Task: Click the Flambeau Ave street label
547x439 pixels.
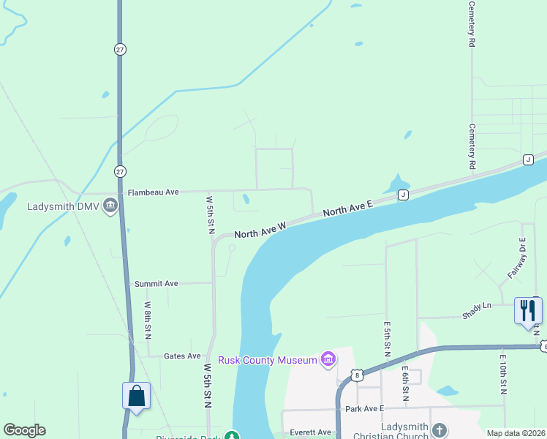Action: point(153,192)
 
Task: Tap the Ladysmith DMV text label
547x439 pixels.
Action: point(63,206)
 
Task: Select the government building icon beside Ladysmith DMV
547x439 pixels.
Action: point(110,205)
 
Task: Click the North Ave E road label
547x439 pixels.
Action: point(348,208)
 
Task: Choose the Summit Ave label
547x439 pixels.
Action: point(156,283)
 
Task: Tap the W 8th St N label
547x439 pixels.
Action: point(148,320)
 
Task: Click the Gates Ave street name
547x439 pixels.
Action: point(182,356)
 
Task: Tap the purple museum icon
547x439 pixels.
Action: point(328,359)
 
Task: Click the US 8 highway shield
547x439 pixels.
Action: point(357,375)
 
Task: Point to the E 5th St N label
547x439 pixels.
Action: point(387,338)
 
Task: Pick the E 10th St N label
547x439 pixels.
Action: point(503,374)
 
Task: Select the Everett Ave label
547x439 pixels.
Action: point(311,432)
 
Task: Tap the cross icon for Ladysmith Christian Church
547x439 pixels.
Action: point(439,430)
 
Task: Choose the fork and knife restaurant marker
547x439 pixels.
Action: point(527,309)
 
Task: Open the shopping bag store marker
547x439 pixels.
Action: point(136,396)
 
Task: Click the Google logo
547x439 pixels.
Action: point(24,430)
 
